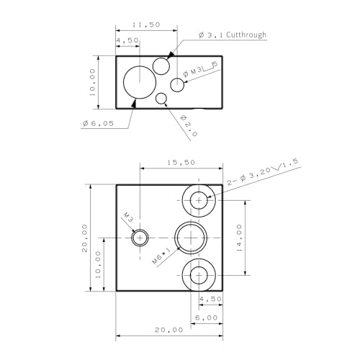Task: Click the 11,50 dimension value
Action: click(147, 24)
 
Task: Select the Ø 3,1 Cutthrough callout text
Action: click(232, 35)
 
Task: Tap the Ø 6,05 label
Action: click(99, 124)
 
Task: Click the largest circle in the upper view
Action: click(139, 81)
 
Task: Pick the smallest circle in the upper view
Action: click(161, 99)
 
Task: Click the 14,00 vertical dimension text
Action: click(238, 235)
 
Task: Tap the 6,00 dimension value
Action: click(206, 317)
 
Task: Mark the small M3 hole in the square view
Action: click(140, 238)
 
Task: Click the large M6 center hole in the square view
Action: click(191, 237)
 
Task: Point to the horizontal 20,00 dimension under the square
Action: click(169, 329)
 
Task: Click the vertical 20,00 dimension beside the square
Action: click(85, 238)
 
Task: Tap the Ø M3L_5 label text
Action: click(200, 69)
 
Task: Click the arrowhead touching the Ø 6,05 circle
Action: click(134, 104)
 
